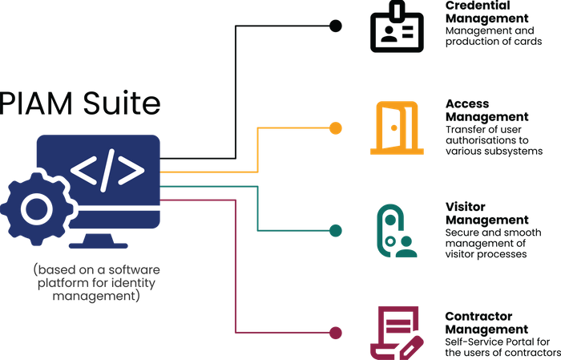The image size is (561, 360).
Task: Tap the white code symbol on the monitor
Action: click(107, 169)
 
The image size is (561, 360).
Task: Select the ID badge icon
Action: click(394, 30)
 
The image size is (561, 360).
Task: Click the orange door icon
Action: click(392, 127)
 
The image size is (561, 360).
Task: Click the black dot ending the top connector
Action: click(337, 26)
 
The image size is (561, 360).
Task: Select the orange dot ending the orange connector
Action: click(337, 127)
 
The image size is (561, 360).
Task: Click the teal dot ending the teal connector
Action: click(337, 229)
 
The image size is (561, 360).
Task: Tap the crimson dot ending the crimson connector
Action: click(337, 331)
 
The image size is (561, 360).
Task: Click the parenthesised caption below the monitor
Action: click(97, 281)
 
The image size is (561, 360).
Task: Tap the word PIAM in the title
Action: click(32, 103)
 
